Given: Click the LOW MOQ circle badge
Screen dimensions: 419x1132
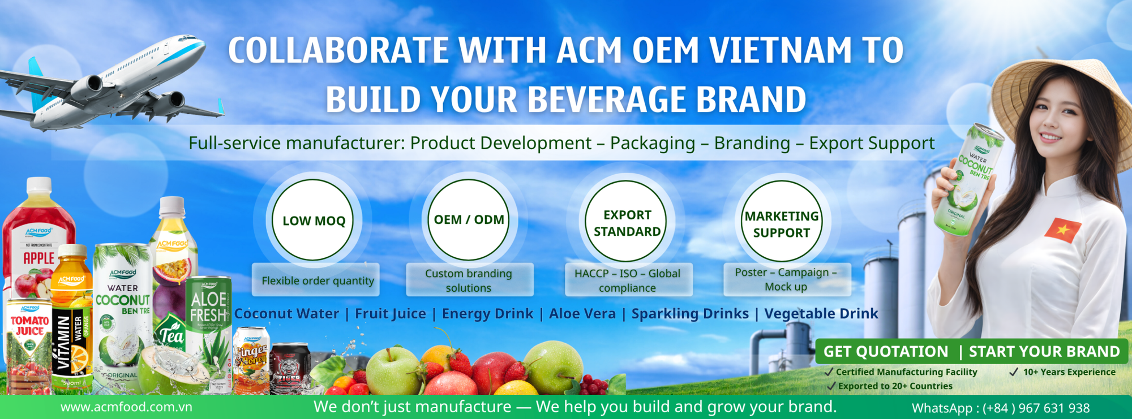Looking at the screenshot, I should pos(313,221).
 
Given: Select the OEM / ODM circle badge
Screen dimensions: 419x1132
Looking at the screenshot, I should pos(468,220).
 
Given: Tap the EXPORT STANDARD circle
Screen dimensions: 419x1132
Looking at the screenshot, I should pos(627,222).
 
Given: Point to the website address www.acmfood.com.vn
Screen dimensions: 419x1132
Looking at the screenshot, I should pos(126,407).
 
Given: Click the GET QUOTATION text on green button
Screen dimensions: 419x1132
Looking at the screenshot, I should pos(885,352).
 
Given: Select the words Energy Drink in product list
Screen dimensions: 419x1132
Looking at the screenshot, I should pos(487,314).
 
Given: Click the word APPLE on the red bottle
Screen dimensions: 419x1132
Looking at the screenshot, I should pos(38,258).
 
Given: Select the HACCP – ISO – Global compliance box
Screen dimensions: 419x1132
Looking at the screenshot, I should pos(627,280).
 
